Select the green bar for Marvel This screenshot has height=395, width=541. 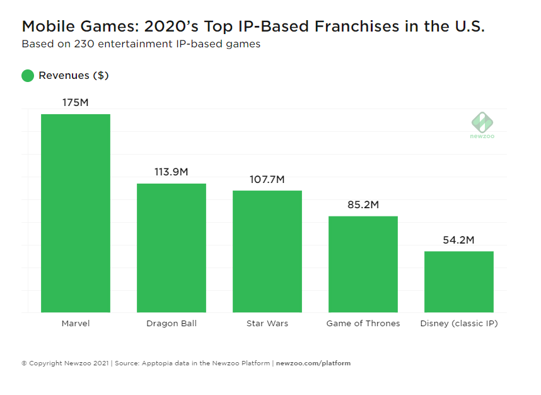pyautogui.click(x=76, y=213)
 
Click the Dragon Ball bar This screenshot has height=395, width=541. pyautogui.click(x=172, y=248)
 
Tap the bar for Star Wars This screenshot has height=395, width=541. pyautogui.click(x=267, y=251)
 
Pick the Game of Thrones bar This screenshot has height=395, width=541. pyautogui.click(x=363, y=264)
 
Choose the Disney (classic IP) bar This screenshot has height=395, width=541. pyautogui.click(x=459, y=281)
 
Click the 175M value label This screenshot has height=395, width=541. pyautogui.click(x=76, y=102)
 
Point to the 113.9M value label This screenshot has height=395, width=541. pyautogui.click(x=172, y=172)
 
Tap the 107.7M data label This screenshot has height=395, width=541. pyautogui.click(x=267, y=179)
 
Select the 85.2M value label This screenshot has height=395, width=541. pyautogui.click(x=363, y=205)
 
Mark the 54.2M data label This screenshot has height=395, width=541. pyautogui.click(x=459, y=240)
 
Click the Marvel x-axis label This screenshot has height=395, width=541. pyautogui.click(x=76, y=324)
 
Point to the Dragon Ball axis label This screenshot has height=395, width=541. pyautogui.click(x=172, y=324)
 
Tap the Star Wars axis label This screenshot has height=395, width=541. pyautogui.click(x=267, y=324)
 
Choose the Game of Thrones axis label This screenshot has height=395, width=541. pyautogui.click(x=363, y=324)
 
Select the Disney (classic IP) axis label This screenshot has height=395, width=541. pyautogui.click(x=459, y=324)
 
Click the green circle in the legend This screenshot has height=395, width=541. pyautogui.click(x=28, y=76)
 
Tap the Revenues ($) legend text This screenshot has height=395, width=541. pyautogui.click(x=74, y=76)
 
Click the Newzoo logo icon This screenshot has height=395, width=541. pyautogui.click(x=482, y=122)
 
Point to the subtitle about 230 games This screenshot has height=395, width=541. pyautogui.click(x=141, y=45)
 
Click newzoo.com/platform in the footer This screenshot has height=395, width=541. pyautogui.click(x=313, y=363)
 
